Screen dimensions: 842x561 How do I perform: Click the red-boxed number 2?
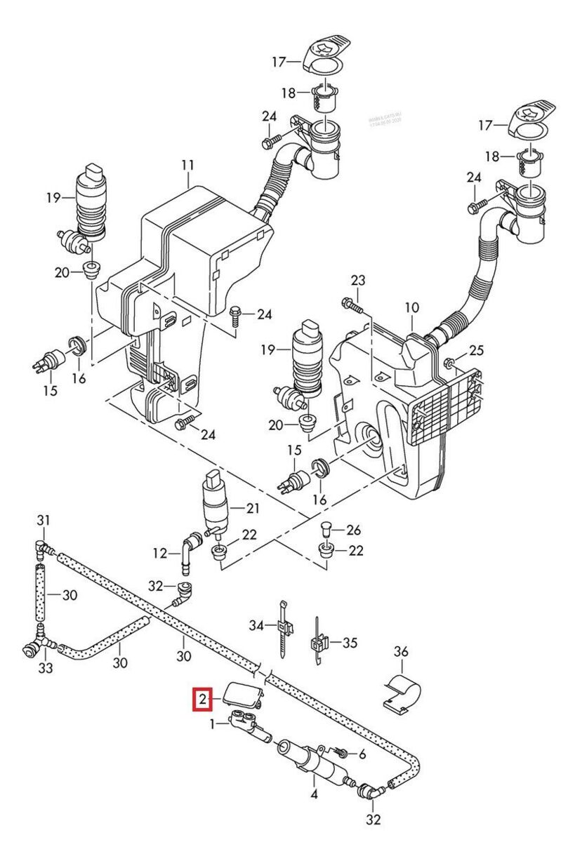pos(202,699)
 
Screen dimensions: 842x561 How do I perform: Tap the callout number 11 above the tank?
pos(187,166)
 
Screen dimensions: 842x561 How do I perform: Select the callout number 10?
pos(412,307)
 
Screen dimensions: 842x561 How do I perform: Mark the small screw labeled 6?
pos(342,753)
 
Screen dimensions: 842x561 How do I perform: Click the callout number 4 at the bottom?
pos(314,795)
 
